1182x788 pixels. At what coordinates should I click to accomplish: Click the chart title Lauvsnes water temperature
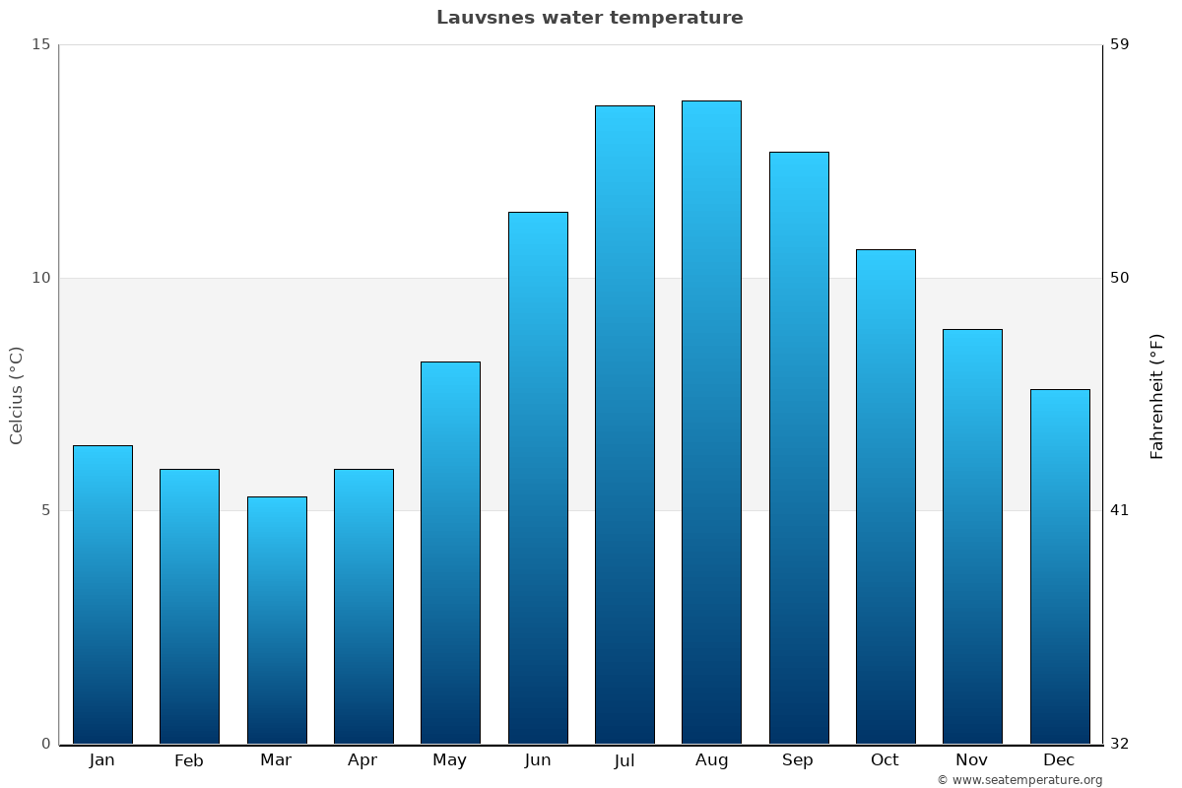589,18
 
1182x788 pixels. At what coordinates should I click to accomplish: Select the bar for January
102,595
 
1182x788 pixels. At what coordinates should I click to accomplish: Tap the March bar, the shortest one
277,621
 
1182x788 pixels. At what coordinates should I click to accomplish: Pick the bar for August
711,423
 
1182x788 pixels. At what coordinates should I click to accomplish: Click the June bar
538,478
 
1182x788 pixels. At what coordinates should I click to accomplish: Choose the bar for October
886,496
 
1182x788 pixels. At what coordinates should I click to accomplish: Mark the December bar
1060,566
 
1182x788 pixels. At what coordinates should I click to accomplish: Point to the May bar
450,553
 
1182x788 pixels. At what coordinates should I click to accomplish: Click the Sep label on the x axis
798,760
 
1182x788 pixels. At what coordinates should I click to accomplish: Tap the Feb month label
189,760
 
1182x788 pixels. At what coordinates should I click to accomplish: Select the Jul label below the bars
624,760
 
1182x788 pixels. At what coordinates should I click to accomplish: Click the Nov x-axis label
972,760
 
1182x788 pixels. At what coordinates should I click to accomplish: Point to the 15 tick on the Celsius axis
40,44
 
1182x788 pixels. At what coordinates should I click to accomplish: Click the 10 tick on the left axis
40,278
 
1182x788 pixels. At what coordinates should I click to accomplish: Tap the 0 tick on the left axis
45,744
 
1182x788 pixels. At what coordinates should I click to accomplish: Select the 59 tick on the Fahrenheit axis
1120,44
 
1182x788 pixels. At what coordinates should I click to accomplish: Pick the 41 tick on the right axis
1120,510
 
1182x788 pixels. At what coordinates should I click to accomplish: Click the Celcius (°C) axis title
16,395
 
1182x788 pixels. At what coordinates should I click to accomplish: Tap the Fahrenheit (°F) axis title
1157,396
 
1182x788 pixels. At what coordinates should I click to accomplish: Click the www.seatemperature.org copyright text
1019,780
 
